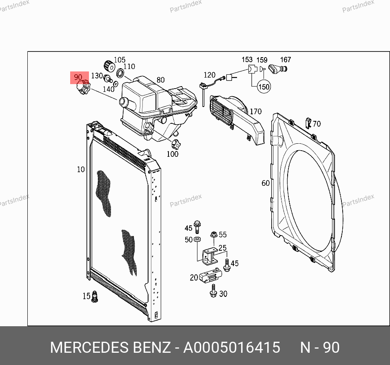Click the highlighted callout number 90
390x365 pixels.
pyautogui.click(x=78, y=77)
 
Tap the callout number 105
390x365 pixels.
pyautogui.click(x=120, y=60)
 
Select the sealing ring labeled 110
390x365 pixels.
pyautogui.click(x=120, y=73)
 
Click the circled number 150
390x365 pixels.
pyautogui.click(x=264, y=87)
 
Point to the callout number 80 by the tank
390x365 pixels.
pyautogui.click(x=161, y=80)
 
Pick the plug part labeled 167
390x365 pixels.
pyautogui.click(x=278, y=69)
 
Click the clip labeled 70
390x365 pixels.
pyautogui.click(x=308, y=123)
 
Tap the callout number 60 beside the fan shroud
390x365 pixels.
pyautogui.click(x=266, y=183)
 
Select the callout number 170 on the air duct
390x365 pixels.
pyautogui.click(x=256, y=111)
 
